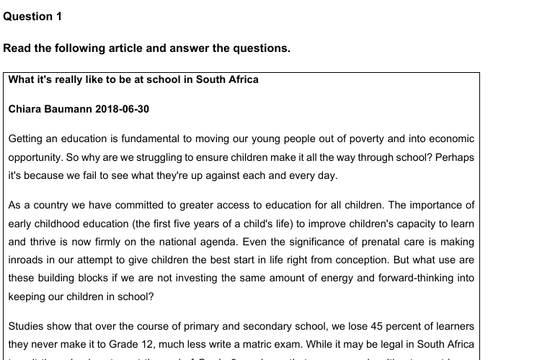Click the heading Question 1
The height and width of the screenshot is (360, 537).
(32, 16)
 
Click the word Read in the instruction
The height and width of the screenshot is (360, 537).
(18, 48)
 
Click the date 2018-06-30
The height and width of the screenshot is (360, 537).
(122, 110)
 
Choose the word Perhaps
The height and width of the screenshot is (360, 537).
(456, 156)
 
